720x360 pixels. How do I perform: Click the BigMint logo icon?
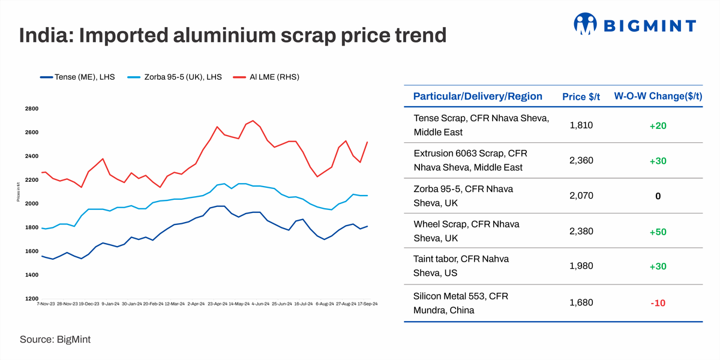click(586, 25)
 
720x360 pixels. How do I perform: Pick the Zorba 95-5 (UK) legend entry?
click(175, 77)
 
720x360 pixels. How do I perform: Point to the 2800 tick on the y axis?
click(32, 109)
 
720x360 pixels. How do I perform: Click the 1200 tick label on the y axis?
click(32, 298)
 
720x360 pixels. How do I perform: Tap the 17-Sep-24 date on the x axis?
click(367, 304)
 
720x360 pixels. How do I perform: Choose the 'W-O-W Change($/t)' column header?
click(658, 97)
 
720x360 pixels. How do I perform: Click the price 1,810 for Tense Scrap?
click(581, 125)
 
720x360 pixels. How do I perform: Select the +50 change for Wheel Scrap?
click(658, 232)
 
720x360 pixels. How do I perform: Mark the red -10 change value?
click(658, 302)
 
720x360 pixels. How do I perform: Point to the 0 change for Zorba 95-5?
click(658, 196)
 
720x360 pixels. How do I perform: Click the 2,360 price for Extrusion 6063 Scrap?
click(581, 161)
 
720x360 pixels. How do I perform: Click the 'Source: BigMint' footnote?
click(55, 340)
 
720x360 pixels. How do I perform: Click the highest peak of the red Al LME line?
click(252, 121)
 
